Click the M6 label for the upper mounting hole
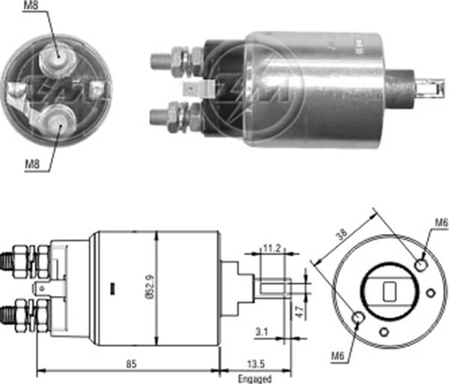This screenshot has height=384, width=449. point(441,222)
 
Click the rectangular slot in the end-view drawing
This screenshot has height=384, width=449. point(390,291)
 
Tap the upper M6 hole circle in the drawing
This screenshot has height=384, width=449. point(421,264)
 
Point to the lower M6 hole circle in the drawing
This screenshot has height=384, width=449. point(358,319)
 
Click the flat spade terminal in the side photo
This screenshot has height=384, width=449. point(192,90)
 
